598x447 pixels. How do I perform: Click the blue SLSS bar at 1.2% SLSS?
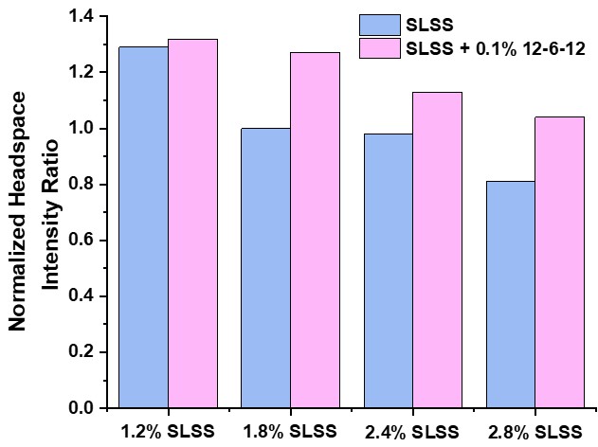[143, 227]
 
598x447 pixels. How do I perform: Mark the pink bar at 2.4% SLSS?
[437, 250]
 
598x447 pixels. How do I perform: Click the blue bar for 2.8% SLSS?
[510, 295]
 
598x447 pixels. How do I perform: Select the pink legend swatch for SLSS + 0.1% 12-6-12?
[381, 47]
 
